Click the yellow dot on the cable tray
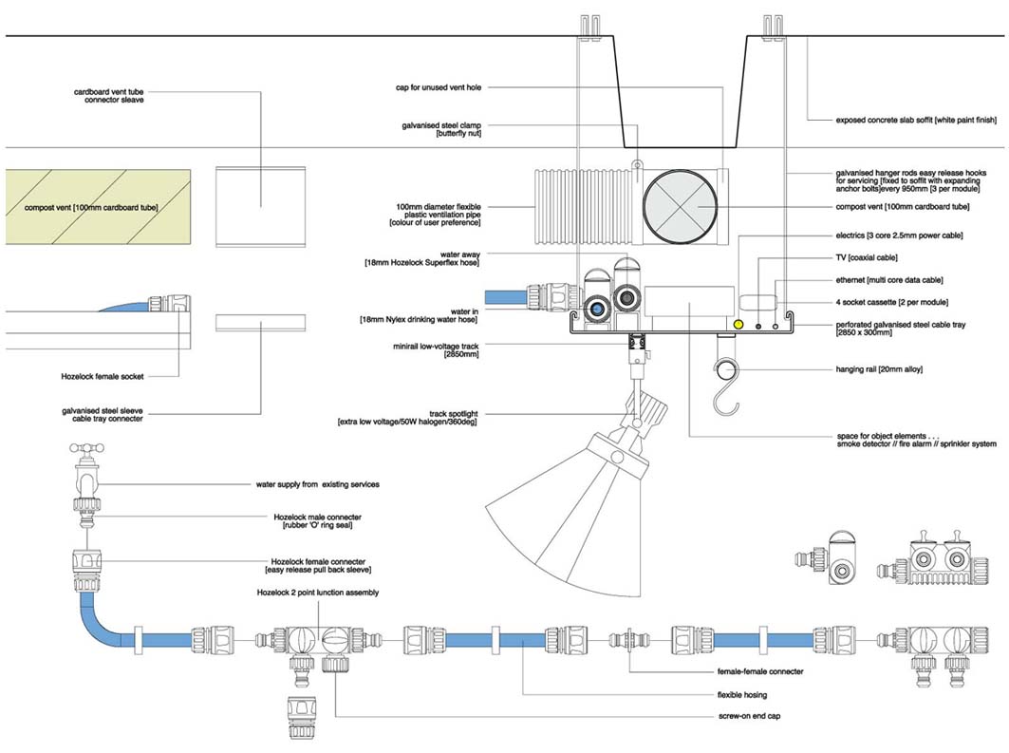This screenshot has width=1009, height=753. (x=738, y=325)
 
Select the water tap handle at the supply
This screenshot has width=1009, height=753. (x=86, y=447)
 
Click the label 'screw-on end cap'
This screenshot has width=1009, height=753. (x=749, y=716)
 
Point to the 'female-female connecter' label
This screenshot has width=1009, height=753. (x=760, y=671)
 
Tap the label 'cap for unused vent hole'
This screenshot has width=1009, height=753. (x=439, y=87)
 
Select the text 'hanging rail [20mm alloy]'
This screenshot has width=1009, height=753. (x=879, y=369)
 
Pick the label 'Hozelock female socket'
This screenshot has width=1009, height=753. (x=103, y=376)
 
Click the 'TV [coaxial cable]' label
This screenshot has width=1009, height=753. (x=866, y=257)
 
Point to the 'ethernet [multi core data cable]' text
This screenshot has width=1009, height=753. (x=889, y=280)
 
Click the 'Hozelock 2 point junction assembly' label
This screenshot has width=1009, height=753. (x=318, y=593)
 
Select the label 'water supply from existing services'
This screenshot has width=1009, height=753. (x=318, y=484)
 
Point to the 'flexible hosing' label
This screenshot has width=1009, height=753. (x=742, y=695)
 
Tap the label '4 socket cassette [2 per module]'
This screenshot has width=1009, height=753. (x=892, y=302)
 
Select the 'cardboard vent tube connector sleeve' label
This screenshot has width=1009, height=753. (x=109, y=96)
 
